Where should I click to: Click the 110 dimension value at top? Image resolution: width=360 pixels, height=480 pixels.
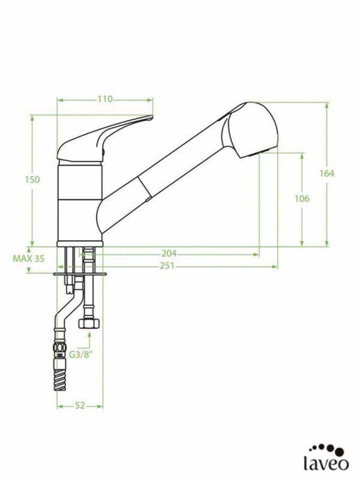click(105, 100)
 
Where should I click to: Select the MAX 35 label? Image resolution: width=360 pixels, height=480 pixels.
click(28, 259)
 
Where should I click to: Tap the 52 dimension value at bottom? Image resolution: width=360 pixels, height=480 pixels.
click(80, 406)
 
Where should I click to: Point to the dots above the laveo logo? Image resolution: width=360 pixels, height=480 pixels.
click(328, 448)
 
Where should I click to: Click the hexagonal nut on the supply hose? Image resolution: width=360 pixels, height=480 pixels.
click(89, 323)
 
